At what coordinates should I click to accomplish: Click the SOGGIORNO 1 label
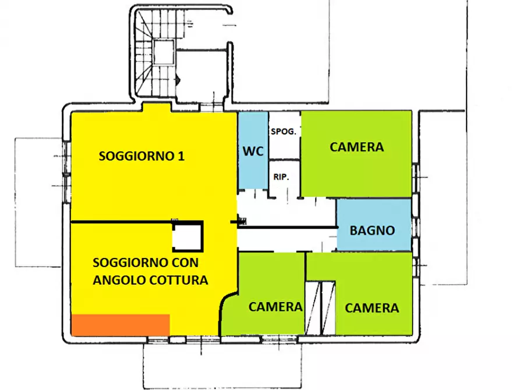[142, 156]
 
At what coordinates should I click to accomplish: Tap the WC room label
[253, 151]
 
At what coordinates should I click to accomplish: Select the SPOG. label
[284, 132]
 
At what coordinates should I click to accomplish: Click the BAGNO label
[372, 231]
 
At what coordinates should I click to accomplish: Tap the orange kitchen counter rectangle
[120, 325]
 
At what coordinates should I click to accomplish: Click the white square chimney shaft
[188, 237]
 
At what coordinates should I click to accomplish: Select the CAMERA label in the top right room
[356, 147]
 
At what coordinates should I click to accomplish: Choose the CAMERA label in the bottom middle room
[275, 307]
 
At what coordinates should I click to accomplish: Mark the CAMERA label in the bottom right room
[372, 308]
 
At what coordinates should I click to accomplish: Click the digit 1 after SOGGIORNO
[181, 156]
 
